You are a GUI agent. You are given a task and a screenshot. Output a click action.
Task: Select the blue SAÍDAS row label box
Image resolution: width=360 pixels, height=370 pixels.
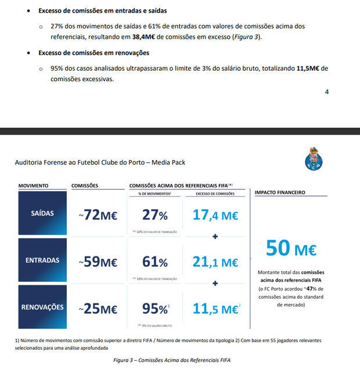click(42, 213)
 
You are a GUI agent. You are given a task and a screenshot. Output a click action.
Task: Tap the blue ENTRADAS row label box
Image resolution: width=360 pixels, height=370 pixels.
click(42, 260)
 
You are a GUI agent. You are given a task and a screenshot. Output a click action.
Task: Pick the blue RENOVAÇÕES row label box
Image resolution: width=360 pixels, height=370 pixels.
click(42, 307)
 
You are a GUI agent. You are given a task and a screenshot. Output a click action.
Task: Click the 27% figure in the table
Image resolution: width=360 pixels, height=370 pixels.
click(154, 215)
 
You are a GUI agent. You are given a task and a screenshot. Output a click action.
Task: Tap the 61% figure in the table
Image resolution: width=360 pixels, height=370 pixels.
click(154, 262)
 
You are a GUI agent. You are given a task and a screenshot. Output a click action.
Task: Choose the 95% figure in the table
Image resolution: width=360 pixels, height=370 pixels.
click(154, 308)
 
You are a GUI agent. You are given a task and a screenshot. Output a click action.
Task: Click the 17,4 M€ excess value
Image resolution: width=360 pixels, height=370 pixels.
click(215, 215)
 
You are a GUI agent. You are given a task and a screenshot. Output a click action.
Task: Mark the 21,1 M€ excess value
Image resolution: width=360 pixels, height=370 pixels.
click(215, 262)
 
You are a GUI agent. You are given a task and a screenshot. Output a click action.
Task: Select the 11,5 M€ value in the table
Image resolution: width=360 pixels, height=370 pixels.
click(215, 309)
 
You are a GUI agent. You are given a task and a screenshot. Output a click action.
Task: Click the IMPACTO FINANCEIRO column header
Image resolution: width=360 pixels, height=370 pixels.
click(280, 192)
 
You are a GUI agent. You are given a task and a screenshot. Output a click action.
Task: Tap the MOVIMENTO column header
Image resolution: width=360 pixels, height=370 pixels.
click(33, 186)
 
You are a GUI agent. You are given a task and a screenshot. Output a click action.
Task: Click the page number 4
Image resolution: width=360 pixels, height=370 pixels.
click(327, 92)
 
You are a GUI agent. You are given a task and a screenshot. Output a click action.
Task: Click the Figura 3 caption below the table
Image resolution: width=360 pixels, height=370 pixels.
click(172, 360)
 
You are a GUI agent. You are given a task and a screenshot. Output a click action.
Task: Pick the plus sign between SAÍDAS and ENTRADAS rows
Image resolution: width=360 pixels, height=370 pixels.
click(215, 237)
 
